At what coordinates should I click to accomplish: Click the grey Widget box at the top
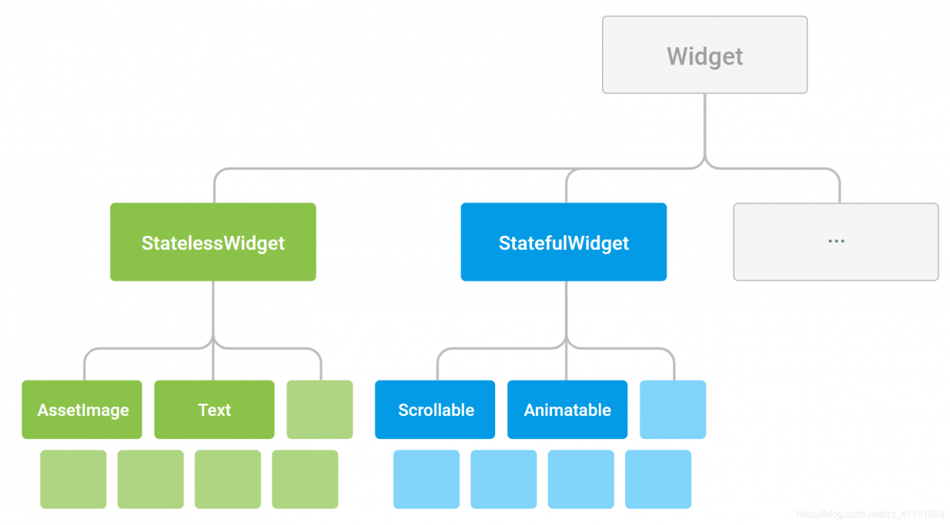[704, 55]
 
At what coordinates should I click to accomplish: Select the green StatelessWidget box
[213, 242]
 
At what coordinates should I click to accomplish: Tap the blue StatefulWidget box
[563, 242]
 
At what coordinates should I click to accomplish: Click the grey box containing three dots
[836, 242]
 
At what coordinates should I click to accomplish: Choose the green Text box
[214, 409]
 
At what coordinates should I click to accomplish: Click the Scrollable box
[435, 409]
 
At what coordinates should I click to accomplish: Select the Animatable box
[567, 409]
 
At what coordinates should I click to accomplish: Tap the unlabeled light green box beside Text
[319, 409]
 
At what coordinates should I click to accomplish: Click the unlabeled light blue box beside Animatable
[672, 409]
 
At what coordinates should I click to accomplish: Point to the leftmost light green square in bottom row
[73, 479]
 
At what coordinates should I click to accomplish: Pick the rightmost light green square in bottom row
[305, 479]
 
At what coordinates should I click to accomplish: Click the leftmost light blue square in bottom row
[426, 479]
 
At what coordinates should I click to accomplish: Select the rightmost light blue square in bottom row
[658, 479]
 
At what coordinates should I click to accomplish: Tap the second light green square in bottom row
[150, 479]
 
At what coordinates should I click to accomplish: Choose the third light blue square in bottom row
[580, 479]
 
